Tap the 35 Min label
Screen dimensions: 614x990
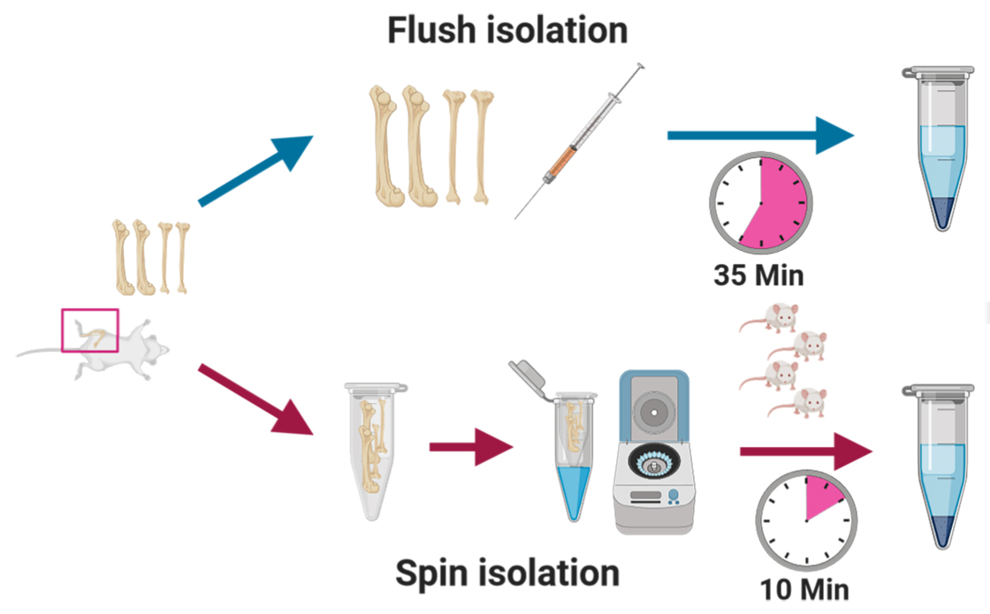point(758,275)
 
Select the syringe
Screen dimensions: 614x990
point(580,140)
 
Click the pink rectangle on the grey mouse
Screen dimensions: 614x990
point(89,330)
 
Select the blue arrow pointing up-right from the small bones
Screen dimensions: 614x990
point(256,171)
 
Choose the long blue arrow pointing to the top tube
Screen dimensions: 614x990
point(760,136)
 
